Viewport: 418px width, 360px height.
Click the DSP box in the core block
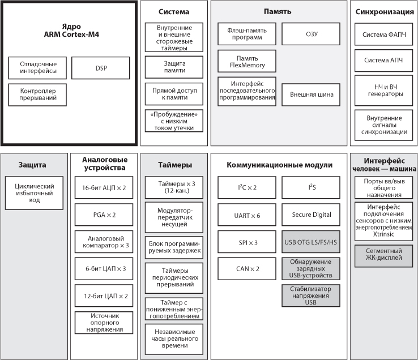100,68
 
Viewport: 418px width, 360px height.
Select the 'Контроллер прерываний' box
37,95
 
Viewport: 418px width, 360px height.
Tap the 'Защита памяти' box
174,67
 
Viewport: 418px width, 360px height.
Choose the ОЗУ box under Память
311,34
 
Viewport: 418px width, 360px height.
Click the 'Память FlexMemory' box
247,61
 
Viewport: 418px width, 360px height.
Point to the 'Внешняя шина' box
311,95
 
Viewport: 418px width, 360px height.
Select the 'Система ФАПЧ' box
383,34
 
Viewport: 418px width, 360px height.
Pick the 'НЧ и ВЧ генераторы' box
383,91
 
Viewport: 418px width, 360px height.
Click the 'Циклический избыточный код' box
34,193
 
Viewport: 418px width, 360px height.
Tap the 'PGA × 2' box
104,215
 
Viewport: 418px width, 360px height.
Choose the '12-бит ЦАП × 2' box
104,296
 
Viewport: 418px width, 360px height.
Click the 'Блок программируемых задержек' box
174,247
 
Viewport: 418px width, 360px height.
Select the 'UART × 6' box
247,215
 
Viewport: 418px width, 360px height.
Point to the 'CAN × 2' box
247,269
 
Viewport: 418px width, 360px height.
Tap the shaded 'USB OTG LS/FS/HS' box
311,242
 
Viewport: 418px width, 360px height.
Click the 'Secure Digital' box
311,215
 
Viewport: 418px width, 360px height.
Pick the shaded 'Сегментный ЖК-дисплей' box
383,256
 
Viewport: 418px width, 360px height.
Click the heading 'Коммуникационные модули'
279,165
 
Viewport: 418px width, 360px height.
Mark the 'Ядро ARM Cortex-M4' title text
71,31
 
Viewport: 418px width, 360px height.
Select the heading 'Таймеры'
175,165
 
